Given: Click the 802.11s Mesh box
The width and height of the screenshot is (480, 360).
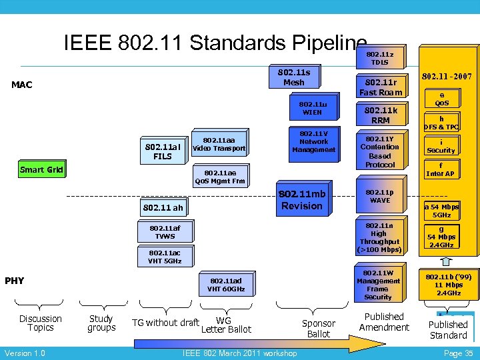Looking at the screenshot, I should tap(293, 77).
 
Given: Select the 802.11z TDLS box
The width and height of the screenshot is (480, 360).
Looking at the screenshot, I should tap(380, 57).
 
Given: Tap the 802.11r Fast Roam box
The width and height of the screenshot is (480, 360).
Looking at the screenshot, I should tap(381, 87).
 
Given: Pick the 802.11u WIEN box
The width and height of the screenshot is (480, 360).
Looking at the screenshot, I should tap(313, 108).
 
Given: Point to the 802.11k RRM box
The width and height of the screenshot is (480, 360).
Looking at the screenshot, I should tap(381, 115).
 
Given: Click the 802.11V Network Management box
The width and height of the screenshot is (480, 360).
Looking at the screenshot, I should tap(313, 141).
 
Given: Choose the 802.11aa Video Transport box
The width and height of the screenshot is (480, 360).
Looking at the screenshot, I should tap(219, 143).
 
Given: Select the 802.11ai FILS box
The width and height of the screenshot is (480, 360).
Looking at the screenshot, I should tap(163, 151).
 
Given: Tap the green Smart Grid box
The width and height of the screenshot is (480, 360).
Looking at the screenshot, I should tap(41, 169).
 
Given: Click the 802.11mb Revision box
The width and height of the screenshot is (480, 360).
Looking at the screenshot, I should tap(302, 199).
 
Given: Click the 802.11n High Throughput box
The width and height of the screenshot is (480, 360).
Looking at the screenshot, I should tap(379, 238).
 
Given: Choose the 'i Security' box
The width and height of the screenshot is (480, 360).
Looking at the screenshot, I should tap(441, 146).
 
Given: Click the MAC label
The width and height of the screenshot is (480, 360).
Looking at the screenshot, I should tap(22, 85).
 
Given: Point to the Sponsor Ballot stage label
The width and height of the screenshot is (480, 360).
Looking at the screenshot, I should tap(319, 328).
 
